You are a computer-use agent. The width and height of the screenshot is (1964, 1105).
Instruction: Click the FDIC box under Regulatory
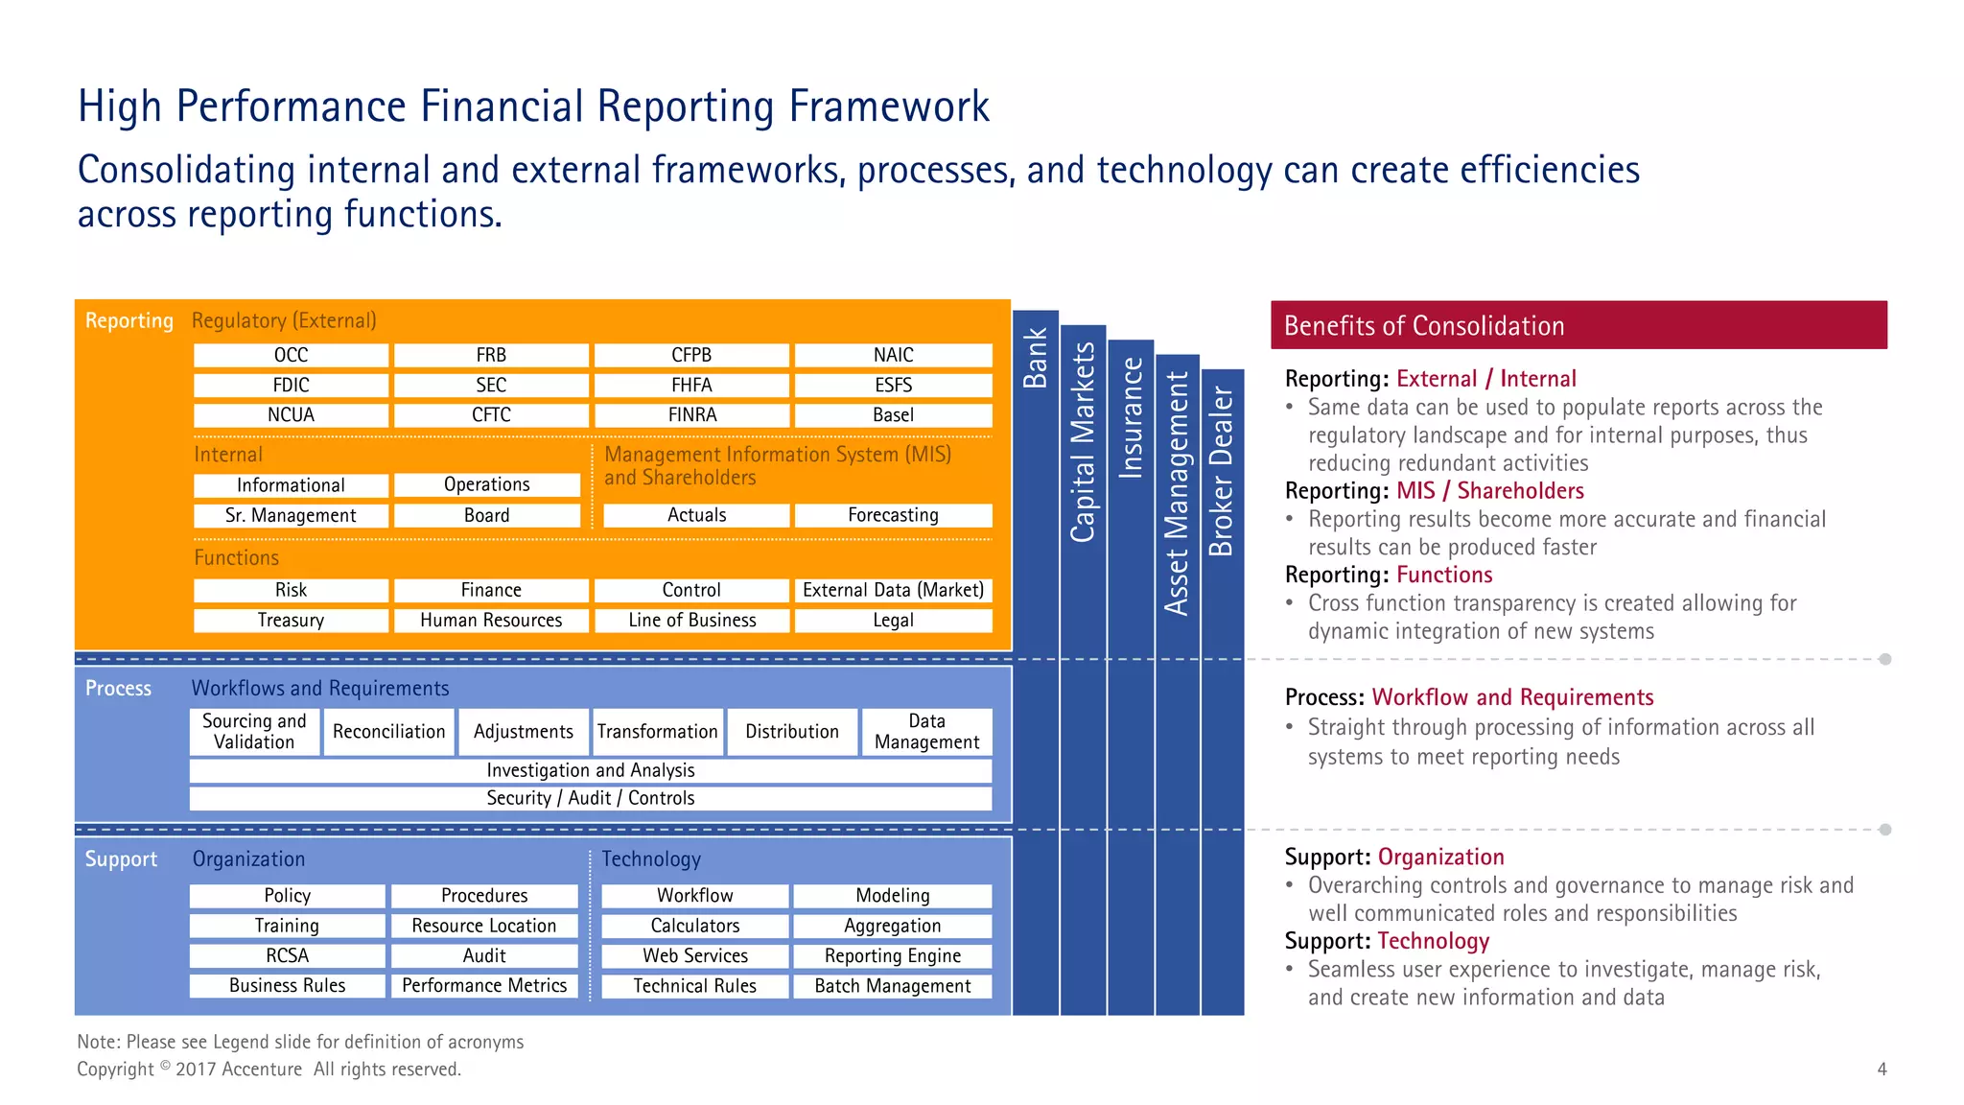point(291,385)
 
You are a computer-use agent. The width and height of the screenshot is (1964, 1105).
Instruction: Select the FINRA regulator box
point(691,414)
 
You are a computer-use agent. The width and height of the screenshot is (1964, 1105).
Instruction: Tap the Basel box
point(893,414)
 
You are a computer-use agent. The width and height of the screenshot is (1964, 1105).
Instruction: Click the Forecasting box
point(893,515)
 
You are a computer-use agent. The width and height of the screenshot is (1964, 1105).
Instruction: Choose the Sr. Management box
point(291,515)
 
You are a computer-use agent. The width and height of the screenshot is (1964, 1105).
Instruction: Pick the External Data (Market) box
point(893,590)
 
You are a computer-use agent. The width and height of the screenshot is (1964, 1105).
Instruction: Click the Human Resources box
point(491,620)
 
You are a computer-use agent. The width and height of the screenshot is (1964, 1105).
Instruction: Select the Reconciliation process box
point(388,732)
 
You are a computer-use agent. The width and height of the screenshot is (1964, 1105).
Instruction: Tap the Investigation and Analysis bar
point(590,770)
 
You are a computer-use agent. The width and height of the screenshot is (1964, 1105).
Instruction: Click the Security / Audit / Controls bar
point(590,798)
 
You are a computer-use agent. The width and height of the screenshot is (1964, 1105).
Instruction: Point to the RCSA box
point(287,955)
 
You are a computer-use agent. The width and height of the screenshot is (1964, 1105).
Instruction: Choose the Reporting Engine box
point(892,955)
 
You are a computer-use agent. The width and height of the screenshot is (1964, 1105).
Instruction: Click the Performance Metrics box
point(484,985)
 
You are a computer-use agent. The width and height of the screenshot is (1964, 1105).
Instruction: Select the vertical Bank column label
point(1035,358)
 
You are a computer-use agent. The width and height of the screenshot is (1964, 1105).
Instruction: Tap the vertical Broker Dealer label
point(1221,471)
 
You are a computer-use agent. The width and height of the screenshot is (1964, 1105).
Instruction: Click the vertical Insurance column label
point(1132,417)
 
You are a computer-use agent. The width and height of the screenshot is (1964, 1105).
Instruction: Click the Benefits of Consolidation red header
point(1578,325)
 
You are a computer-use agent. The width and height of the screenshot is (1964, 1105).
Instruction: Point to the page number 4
point(1882,1069)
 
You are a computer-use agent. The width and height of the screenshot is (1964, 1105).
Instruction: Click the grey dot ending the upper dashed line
point(1885,659)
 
